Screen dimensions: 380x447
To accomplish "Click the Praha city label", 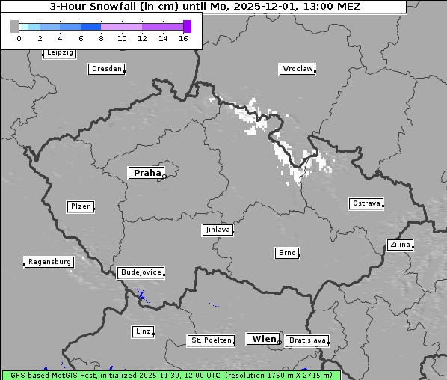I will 146,173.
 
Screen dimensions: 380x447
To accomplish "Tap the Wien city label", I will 264,339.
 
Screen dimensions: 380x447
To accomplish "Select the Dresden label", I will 106,69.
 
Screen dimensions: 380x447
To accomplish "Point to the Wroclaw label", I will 298,69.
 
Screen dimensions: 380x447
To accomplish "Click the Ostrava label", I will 366,203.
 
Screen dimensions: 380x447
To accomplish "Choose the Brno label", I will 287,253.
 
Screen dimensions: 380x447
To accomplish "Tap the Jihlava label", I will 218,230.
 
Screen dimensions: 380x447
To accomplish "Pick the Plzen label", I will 80,206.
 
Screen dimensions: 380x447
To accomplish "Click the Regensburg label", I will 49,262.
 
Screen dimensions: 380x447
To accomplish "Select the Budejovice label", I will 141,272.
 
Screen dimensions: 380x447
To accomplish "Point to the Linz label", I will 143,331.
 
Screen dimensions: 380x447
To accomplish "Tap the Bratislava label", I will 307,340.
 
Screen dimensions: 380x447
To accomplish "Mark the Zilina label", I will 400,245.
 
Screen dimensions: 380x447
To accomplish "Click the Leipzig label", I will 59,52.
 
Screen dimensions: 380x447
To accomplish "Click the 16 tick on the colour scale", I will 183,38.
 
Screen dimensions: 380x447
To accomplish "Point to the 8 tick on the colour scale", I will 101,38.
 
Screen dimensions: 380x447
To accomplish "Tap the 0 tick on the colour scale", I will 19,38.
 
